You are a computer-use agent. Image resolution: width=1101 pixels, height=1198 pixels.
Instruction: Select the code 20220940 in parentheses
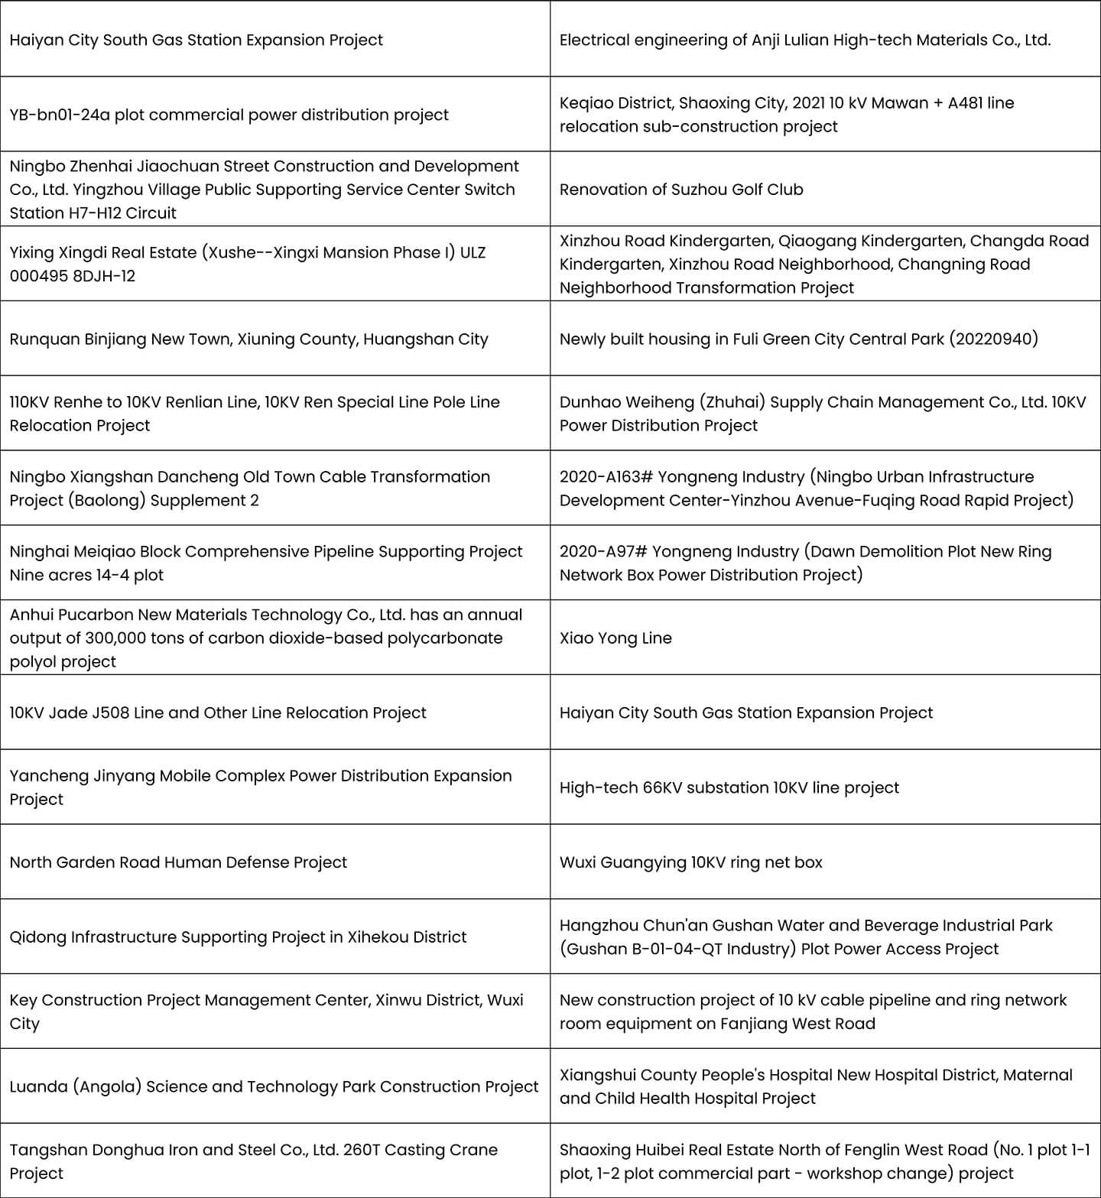(993, 339)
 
